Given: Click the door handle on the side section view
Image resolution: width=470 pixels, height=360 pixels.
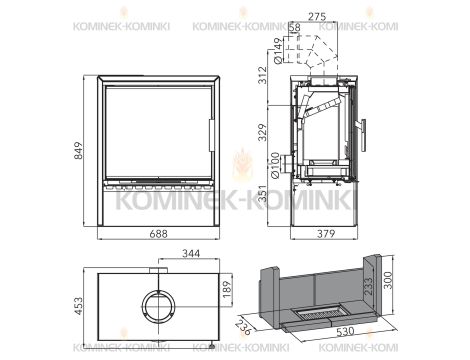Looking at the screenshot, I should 364,132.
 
